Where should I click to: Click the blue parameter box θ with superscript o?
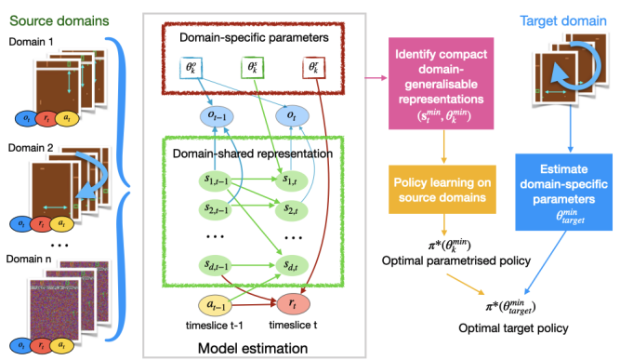coord(191,68)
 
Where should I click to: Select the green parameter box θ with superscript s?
coord(253,68)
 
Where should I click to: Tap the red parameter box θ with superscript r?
coord(313,68)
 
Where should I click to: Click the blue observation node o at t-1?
coord(217,116)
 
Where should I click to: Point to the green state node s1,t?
coord(291,181)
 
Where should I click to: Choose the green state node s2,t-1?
coord(215,209)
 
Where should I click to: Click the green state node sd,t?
coord(292,266)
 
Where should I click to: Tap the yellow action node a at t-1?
coord(215,305)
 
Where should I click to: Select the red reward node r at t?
coord(293,303)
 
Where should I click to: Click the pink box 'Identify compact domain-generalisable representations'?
coord(441,84)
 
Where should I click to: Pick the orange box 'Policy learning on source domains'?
coord(442,190)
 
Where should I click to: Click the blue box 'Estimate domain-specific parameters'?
coord(563,192)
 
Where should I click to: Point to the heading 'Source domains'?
coord(59,20)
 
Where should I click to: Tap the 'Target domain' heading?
coord(563,20)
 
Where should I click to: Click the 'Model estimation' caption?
coord(253,349)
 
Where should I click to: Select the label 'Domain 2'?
coord(31,148)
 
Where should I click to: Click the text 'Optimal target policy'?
coord(513,328)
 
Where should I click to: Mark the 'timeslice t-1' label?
coord(215,326)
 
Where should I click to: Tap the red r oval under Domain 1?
coord(46,118)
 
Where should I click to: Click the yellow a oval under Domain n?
coord(61,345)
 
